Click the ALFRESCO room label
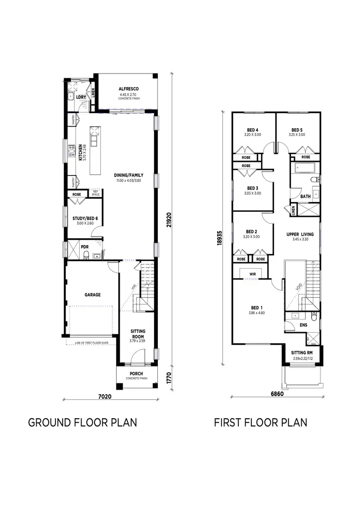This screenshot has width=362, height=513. coord(129,89)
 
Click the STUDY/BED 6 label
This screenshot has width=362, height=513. coord(85,219)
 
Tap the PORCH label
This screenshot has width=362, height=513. coord(136,374)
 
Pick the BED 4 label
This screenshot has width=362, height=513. coord(251,130)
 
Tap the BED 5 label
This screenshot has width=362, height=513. coord(298,130)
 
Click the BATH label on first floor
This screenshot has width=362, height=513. coord(305,197)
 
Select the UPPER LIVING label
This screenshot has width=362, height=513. coord(300,234)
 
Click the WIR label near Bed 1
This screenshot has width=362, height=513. coord(252,274)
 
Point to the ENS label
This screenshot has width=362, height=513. coord(303,325)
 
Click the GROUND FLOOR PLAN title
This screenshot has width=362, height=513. coord(83,423)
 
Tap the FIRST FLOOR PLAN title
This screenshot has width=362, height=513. coord(261,423)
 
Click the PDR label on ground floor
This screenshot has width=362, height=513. coord(85,247)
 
